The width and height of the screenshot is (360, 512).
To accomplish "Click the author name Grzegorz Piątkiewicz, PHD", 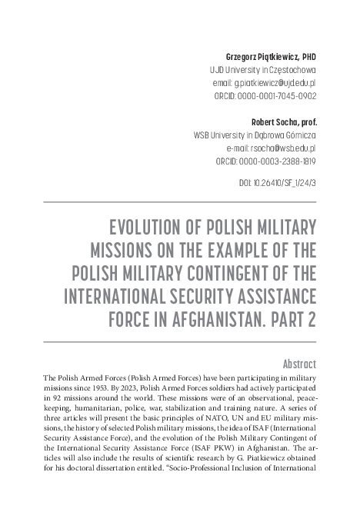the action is (x=270, y=57).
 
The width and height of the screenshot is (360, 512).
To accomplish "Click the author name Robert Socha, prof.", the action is (x=284, y=121).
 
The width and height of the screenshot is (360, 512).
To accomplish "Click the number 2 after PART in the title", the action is (x=312, y=320).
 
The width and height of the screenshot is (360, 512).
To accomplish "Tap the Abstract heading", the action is (x=299, y=363).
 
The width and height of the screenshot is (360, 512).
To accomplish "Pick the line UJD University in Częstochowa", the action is (x=263, y=70).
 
